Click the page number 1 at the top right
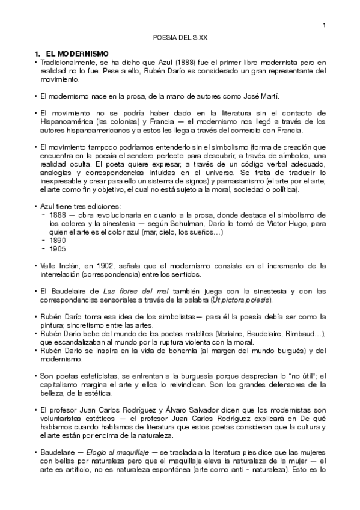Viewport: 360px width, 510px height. pos(324,25)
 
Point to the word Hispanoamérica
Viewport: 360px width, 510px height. pos(64,121)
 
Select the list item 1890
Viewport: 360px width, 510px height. pos(59,240)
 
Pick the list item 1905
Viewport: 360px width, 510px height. pos(59,248)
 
